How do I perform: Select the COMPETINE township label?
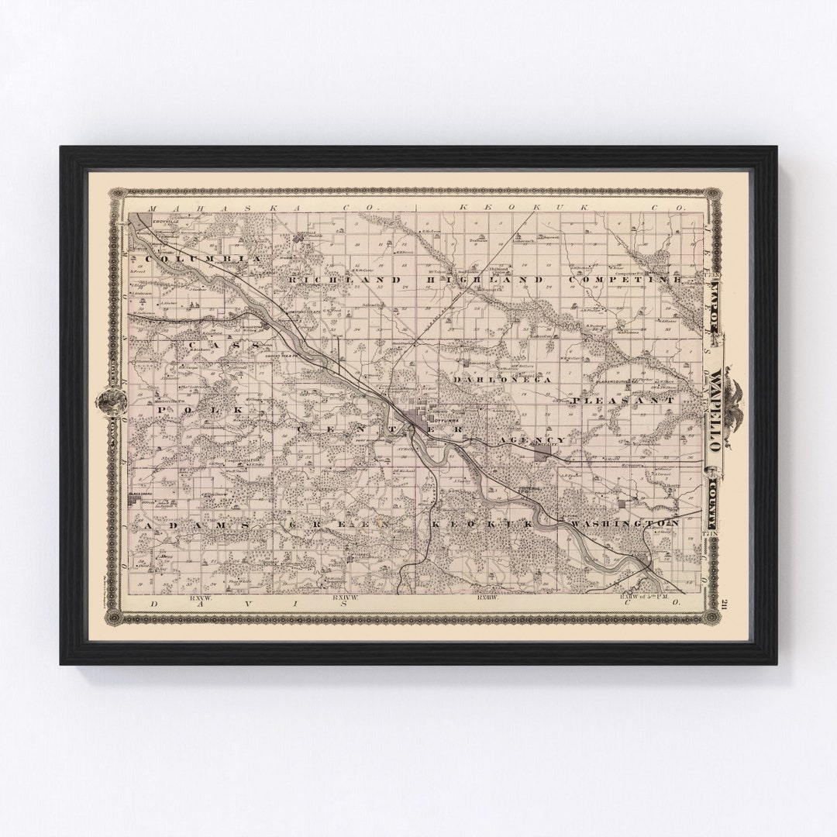627,279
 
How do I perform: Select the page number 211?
725,605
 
